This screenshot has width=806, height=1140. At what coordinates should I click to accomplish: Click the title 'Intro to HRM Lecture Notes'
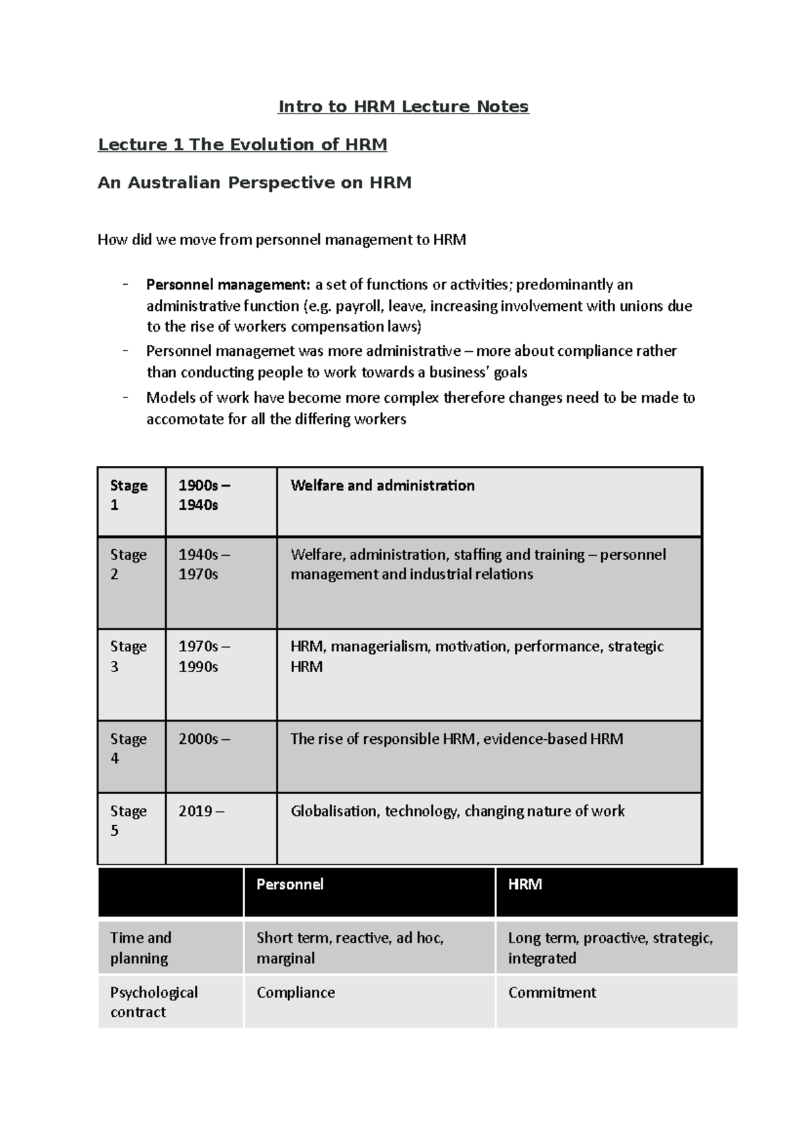coord(404,107)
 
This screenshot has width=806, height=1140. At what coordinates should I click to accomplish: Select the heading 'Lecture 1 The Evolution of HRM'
coord(242,144)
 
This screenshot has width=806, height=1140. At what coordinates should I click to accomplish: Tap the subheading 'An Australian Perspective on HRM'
coord(255,183)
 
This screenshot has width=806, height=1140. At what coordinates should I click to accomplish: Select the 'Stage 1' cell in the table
coord(129,495)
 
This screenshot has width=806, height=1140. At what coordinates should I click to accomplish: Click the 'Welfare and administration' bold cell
coord(382,485)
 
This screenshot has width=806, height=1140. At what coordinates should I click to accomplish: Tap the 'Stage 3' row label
coord(128,657)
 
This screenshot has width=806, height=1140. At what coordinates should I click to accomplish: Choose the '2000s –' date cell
coord(204,739)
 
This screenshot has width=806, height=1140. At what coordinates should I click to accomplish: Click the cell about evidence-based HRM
coord(457,739)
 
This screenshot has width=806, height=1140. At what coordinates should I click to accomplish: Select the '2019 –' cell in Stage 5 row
coord(201,811)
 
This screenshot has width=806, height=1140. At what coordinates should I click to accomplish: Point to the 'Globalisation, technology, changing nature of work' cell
coord(457,811)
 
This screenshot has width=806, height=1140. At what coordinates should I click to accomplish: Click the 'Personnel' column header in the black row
coord(289,884)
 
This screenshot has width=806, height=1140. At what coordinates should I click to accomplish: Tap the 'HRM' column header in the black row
coord(525,884)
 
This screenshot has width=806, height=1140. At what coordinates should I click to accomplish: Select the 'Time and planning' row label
coord(141,947)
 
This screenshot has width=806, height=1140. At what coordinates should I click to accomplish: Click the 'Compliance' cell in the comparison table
coord(296,992)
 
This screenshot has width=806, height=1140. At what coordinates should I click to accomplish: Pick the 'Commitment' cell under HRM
coord(551,992)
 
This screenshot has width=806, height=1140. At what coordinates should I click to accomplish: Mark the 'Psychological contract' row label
coord(154,1002)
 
